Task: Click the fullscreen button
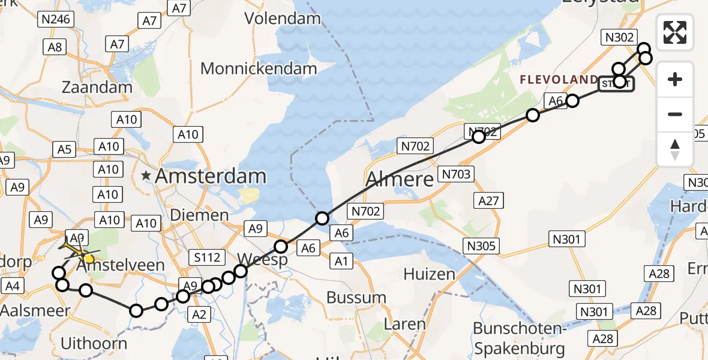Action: [x=675, y=32]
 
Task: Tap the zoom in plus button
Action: [x=675, y=79]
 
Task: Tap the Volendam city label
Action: [x=283, y=19]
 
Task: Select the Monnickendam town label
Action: [x=259, y=68]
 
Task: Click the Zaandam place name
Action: [x=97, y=87]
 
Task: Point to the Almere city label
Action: [x=399, y=179]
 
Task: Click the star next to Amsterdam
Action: [x=146, y=176]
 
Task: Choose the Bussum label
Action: [x=356, y=297]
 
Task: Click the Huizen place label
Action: [x=429, y=274]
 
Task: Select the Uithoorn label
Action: [x=94, y=344]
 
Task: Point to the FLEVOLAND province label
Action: [x=559, y=80]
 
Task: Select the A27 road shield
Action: [x=488, y=200]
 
